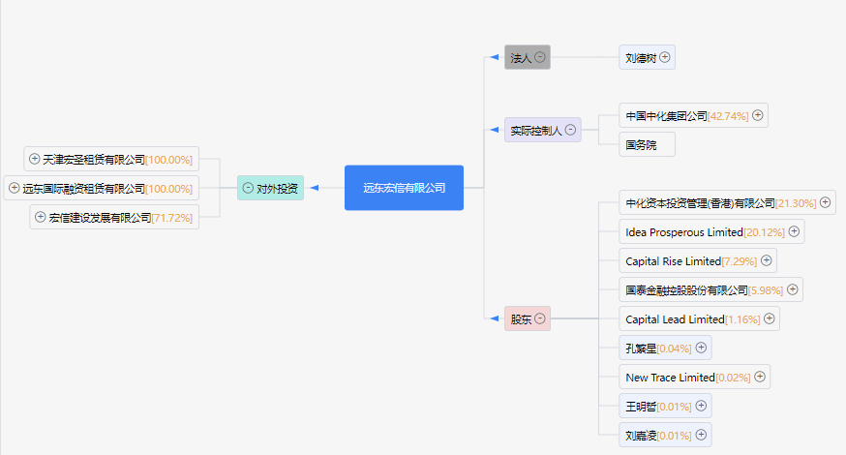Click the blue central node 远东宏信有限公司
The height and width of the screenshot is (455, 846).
click(404, 188)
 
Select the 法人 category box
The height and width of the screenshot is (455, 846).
click(528, 57)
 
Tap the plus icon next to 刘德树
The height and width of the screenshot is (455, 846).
click(665, 57)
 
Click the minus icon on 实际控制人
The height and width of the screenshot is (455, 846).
click(570, 130)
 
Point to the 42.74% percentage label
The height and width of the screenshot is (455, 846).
click(728, 116)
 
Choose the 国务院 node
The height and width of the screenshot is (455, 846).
click(647, 144)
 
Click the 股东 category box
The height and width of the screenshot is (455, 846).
click(528, 319)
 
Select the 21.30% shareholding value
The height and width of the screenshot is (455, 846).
click(796, 203)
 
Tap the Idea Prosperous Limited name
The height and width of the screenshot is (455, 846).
click(684, 232)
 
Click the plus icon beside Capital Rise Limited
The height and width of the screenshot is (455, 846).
click(767, 260)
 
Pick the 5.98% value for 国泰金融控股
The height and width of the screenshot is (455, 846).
click(766, 290)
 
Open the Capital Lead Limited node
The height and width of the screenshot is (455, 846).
click(699, 319)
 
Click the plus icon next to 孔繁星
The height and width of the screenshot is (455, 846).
click(701, 348)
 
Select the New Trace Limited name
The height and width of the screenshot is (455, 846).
click(670, 378)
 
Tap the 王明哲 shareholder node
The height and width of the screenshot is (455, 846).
click(665, 406)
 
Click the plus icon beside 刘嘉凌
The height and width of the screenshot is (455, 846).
click(701, 435)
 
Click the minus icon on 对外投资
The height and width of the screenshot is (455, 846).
click(248, 188)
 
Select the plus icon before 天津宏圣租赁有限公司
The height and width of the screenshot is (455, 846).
click(35, 159)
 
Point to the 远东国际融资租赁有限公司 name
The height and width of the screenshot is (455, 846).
click(83, 189)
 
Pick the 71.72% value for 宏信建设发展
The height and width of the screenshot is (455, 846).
click(172, 218)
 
